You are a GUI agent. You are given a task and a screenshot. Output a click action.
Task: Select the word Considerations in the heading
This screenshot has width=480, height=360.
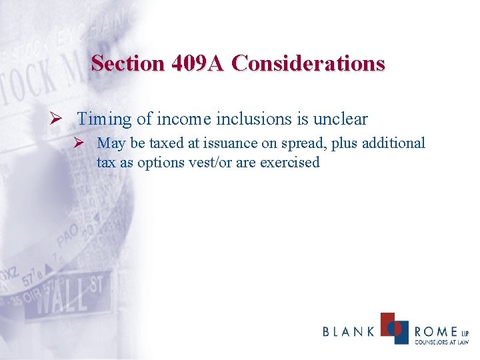tap(308, 63)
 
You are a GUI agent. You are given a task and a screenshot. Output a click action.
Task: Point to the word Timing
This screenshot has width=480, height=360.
tap(105, 120)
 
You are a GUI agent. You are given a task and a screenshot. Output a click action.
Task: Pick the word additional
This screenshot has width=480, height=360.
tap(393, 143)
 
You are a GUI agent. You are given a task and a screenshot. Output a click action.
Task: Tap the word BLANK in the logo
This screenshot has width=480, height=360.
tap(349, 331)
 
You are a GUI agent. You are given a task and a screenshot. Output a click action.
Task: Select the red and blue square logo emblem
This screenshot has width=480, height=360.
tap(394, 328)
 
